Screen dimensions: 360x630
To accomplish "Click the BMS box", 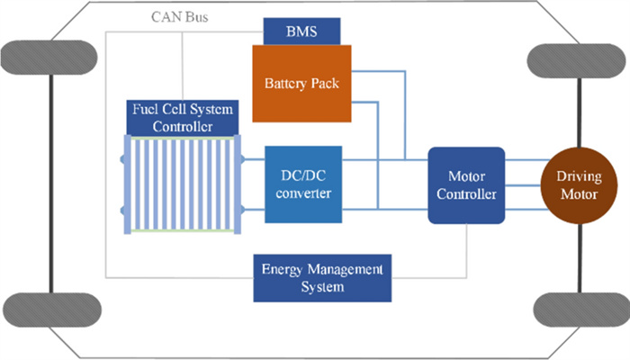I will (x=301, y=32).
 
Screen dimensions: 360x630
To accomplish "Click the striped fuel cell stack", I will (x=183, y=184).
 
